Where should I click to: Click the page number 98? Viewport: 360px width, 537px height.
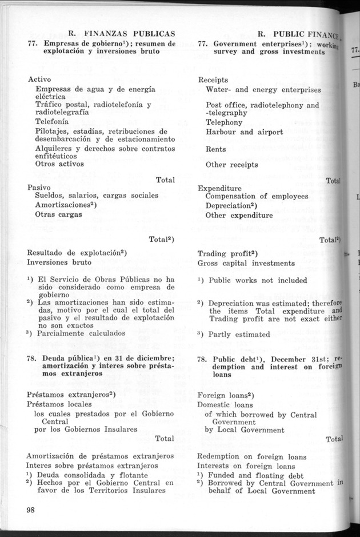(31, 510)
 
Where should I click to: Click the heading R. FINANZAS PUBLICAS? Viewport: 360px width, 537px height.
(113, 33)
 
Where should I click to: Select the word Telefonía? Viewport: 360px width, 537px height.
(52, 122)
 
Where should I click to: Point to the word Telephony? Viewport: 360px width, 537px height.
(224, 122)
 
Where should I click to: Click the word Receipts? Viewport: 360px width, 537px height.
(213, 80)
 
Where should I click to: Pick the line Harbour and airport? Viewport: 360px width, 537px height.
(244, 132)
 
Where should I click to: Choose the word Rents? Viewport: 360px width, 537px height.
(216, 149)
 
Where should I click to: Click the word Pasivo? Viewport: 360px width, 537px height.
(39, 188)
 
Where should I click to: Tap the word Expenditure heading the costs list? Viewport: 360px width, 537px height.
(219, 188)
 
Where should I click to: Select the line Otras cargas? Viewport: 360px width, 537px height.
(58, 214)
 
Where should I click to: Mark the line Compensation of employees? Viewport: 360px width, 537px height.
(257, 197)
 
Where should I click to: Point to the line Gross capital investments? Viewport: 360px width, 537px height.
(246, 263)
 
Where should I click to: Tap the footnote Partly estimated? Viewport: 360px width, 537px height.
(239, 334)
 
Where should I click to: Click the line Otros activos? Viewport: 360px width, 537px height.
(59, 164)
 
